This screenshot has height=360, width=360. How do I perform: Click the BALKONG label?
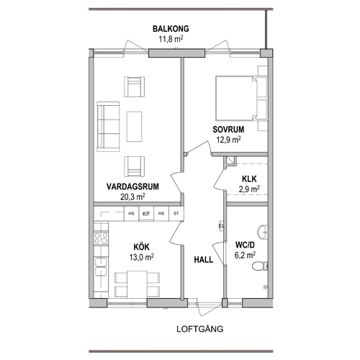[171, 29]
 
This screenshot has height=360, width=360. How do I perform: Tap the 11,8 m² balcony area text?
[171, 39]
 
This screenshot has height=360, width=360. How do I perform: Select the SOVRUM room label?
[228, 130]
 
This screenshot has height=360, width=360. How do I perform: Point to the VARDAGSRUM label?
[132, 186]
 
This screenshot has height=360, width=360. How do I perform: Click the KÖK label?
[142, 247]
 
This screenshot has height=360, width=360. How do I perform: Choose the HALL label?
[204, 260]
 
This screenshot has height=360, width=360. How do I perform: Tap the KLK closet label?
[249, 179]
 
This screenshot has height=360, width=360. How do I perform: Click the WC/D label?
[245, 245]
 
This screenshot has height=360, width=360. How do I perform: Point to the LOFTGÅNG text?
[200, 329]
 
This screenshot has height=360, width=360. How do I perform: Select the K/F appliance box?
[146, 214]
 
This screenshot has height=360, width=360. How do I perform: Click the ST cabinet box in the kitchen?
[176, 214]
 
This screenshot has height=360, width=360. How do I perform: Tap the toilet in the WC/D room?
[260, 266]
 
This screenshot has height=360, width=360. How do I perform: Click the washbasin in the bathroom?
[263, 232]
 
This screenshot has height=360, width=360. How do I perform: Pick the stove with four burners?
[101, 238]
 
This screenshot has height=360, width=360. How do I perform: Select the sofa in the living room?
[108, 127]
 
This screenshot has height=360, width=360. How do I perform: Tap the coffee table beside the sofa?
[135, 127]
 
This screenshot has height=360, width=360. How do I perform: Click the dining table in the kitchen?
[137, 284]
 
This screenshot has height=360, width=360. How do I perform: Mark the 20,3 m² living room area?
[132, 197]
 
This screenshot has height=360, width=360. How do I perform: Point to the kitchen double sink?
[101, 266]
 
